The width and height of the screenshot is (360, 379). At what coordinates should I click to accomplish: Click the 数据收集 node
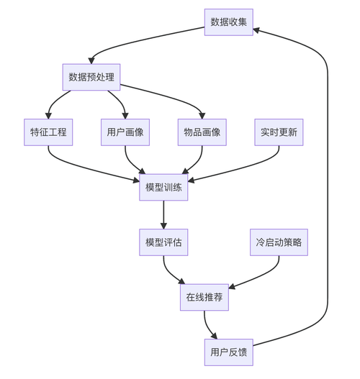point(228,22)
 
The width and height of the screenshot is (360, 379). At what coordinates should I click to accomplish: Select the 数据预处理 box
point(91,77)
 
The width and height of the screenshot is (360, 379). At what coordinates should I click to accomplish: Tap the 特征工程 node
point(48,132)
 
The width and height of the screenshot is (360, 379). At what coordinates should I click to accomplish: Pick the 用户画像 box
point(125,132)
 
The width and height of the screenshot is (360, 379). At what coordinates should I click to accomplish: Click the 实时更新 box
point(279,132)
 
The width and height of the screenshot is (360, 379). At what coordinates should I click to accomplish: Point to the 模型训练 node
point(163,188)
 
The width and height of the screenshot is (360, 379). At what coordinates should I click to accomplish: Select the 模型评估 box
point(163,242)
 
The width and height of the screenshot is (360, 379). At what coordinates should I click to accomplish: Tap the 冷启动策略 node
point(279,242)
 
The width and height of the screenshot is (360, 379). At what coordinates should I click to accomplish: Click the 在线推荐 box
point(204,297)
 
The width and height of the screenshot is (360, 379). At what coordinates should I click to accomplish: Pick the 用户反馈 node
point(228,352)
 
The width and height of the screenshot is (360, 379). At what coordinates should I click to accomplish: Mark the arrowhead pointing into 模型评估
point(163,225)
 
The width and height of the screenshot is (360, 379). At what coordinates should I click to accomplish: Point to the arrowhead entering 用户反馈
point(215,335)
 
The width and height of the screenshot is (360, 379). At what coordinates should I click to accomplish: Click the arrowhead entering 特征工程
point(48,115)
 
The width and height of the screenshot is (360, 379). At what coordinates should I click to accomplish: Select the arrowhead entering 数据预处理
point(91,60)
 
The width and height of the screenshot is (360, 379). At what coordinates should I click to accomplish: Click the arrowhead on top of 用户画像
point(125,115)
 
